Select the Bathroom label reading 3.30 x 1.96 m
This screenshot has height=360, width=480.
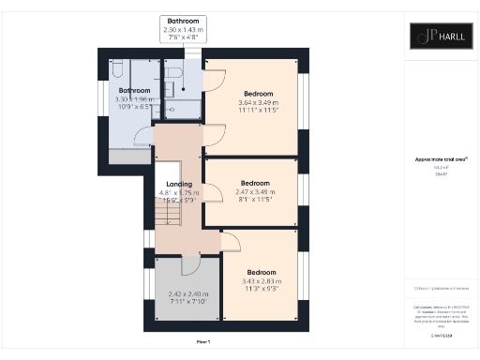coord(132,96)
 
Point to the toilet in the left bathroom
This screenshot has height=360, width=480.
coord(116,71)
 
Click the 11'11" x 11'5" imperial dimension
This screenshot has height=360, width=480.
coord(258,112)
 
